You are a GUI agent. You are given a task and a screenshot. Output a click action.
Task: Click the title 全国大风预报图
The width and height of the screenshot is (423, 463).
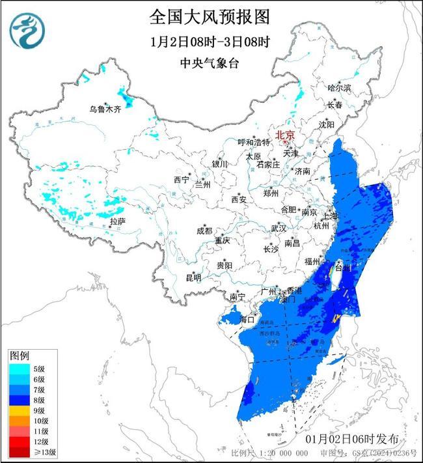(x=209, y=16)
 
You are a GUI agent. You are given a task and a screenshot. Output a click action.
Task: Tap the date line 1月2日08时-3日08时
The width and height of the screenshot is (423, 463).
(x=209, y=42)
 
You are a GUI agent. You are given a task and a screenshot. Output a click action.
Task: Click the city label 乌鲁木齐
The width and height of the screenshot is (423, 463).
(x=105, y=109)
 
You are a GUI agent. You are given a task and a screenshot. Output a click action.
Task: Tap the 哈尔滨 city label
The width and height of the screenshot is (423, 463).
(x=338, y=87)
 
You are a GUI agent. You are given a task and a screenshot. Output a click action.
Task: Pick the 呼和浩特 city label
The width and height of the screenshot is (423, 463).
(x=253, y=142)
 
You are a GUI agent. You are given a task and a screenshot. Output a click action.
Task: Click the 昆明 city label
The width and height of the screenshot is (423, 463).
(x=193, y=277)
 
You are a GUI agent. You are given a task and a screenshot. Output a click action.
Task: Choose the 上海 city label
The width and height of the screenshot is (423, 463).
(x=331, y=216)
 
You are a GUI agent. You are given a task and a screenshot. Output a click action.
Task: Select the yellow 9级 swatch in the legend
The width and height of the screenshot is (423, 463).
(x=19, y=410)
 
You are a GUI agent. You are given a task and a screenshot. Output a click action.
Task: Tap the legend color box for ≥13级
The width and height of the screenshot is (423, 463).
(x=19, y=451)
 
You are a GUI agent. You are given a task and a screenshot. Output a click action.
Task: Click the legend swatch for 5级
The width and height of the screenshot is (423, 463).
(x=19, y=369)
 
